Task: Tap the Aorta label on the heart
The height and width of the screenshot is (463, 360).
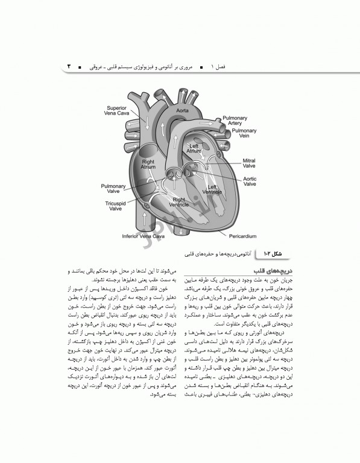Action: [x=183, y=111]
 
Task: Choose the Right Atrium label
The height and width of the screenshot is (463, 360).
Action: [x=148, y=165]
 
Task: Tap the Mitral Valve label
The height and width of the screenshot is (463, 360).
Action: [x=249, y=164]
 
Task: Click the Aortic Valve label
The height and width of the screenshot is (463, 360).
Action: [x=250, y=182]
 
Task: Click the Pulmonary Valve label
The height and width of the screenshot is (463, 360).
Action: [x=113, y=190]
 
